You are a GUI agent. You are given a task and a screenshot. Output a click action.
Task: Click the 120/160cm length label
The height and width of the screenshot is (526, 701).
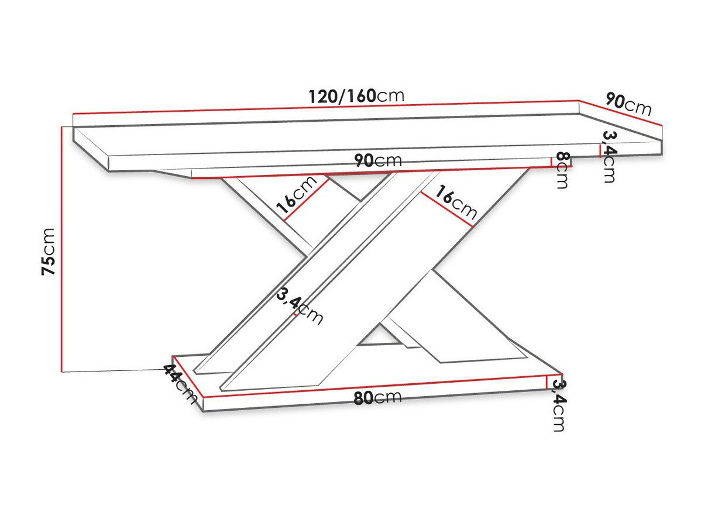pos(356,95)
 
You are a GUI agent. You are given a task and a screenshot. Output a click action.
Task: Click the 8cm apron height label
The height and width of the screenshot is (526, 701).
pos(562,170)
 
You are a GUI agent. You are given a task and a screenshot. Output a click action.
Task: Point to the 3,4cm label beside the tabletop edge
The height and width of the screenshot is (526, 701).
pos(609,157)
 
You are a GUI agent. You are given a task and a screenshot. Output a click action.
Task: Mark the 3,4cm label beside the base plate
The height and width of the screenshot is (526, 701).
pos(559,405)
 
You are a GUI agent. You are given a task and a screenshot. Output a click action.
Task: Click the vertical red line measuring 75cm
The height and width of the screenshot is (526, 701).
pos(61,249)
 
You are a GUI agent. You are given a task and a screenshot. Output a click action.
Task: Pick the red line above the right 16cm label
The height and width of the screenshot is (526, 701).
pos(447,208)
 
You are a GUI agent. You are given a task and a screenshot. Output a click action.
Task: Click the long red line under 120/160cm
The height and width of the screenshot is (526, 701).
pos(325,107)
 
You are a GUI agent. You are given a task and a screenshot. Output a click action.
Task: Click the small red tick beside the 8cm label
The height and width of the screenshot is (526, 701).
pos(552,162)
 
